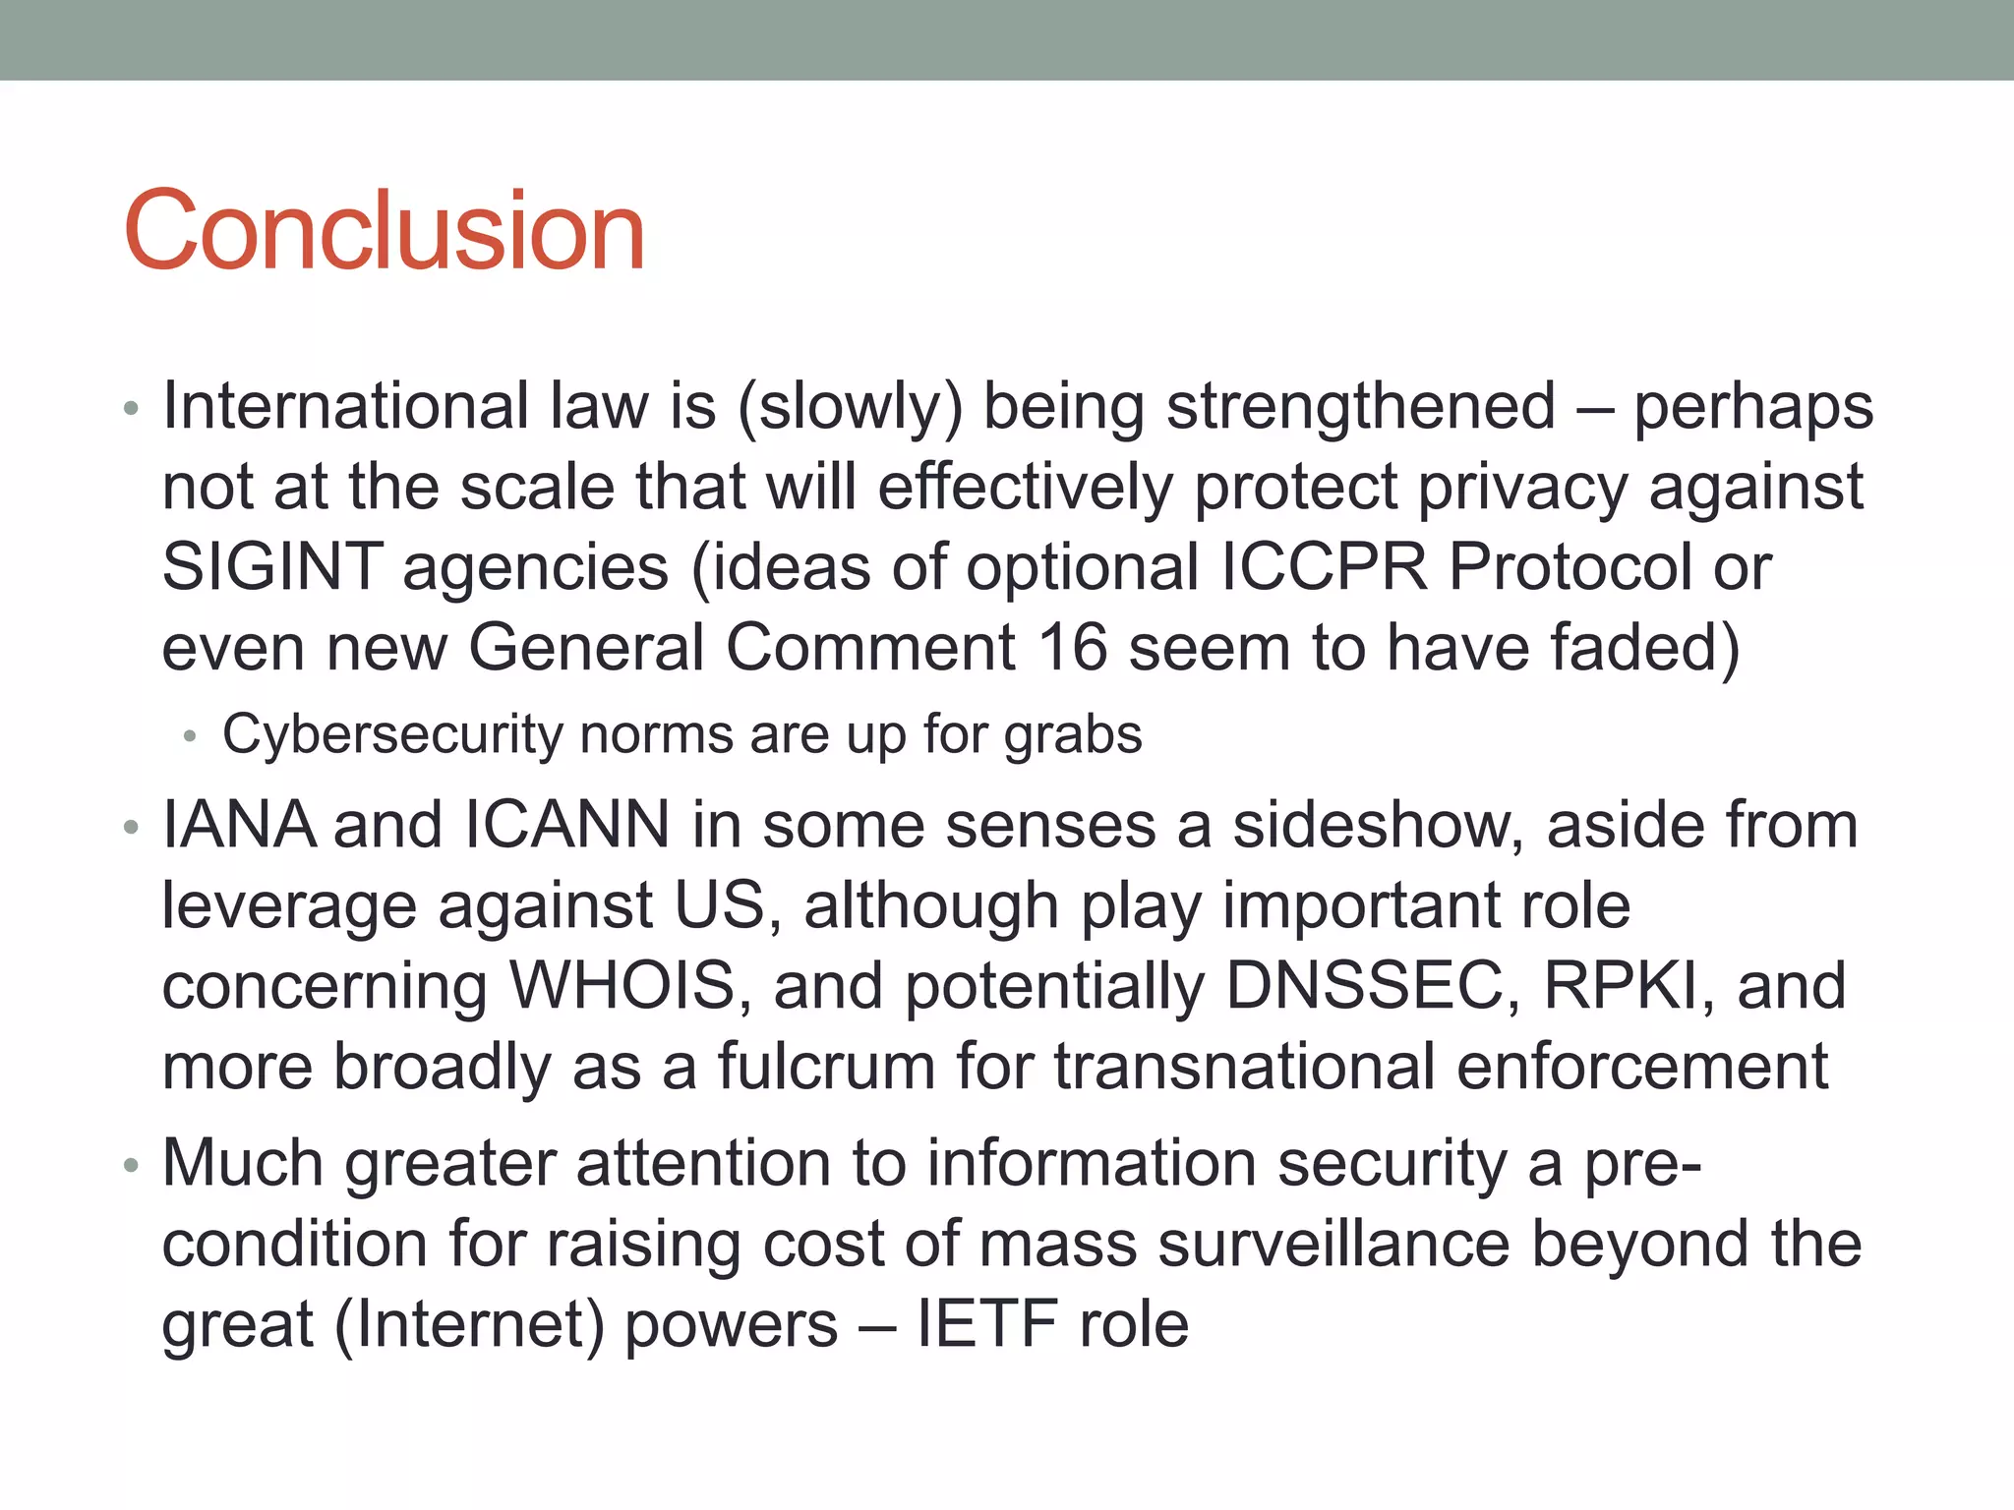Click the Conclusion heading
pos(384,231)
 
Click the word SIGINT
pos(272,567)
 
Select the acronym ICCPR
pos(1324,567)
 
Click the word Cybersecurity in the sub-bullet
pos(393,735)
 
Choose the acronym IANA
pos(238,825)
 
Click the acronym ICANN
pos(566,825)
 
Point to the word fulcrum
pos(826,1067)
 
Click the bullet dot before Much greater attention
pos(132,1167)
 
